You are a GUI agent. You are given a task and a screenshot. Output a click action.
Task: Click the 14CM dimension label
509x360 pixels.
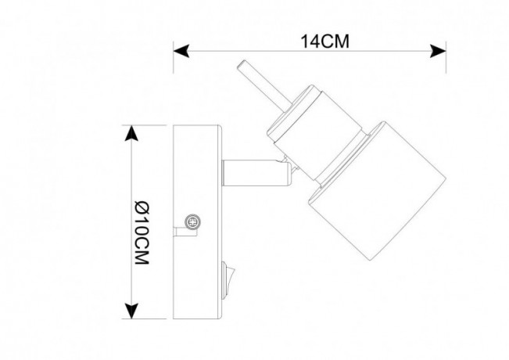[x=324, y=42]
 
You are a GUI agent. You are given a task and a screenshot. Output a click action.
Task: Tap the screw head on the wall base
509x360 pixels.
[x=192, y=223]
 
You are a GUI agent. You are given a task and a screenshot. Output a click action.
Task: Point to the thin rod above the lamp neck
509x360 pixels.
[x=252, y=83]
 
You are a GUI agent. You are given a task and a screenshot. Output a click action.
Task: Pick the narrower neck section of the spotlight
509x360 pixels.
[x=301, y=128]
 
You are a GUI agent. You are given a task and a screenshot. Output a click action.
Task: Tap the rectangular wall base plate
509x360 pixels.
[x=199, y=222]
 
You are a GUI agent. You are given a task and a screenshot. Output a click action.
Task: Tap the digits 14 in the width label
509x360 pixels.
[x=308, y=42]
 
